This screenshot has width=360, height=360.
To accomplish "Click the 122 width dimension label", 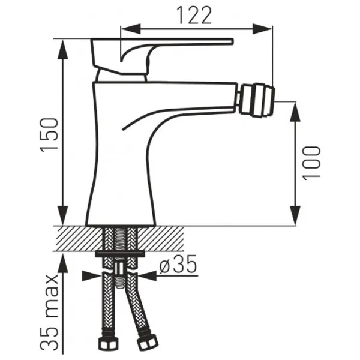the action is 194,15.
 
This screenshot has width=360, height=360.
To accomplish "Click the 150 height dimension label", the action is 49,135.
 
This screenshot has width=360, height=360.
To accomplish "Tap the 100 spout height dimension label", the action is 311,163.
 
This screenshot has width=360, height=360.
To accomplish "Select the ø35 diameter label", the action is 178,264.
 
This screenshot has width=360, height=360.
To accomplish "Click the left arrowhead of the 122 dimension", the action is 130,29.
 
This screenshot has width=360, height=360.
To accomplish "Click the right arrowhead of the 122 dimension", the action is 263,29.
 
